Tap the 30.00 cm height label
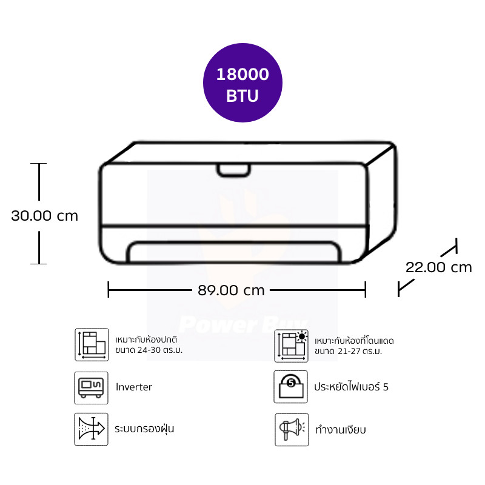click(45, 215)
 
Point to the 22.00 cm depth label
click(438, 267)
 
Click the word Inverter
click(133, 387)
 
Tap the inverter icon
click(91, 387)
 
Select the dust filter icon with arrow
click(91, 429)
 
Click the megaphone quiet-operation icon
click(291, 429)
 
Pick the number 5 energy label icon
click(291, 387)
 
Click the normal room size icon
click(91, 345)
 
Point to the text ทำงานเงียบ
click(341, 429)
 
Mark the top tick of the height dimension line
click(39, 164)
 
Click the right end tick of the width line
click(366, 290)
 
